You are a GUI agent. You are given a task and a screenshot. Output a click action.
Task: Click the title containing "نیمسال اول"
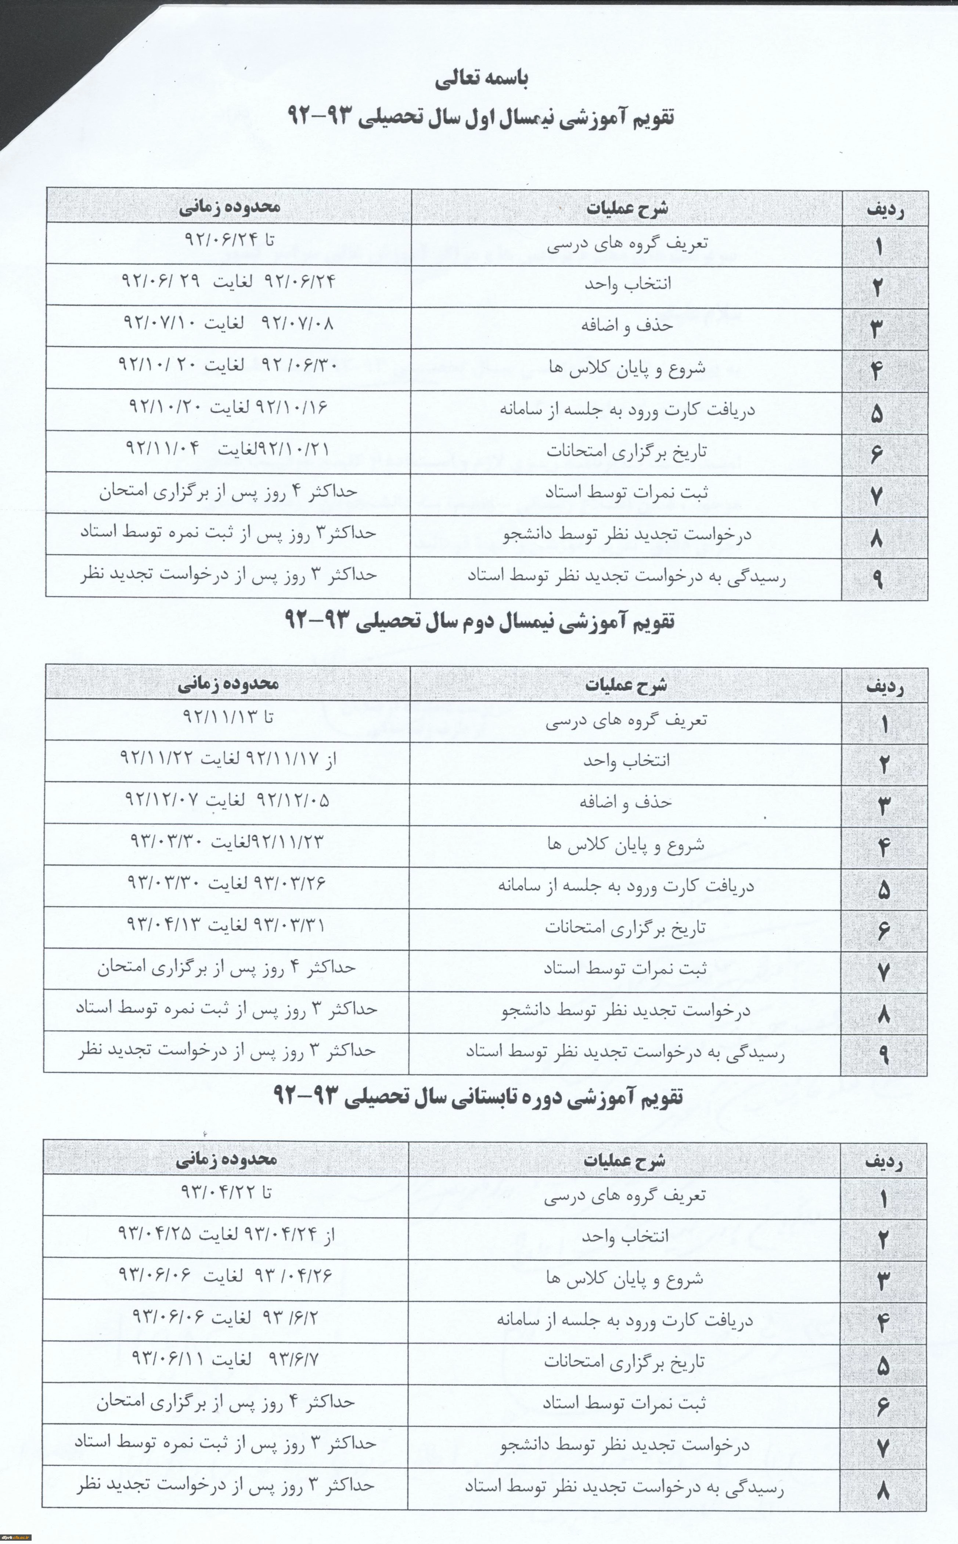click(x=482, y=117)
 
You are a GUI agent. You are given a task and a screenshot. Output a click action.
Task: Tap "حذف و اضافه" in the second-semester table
click(x=625, y=802)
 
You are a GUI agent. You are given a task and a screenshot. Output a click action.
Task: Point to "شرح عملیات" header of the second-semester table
click(x=625, y=685)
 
